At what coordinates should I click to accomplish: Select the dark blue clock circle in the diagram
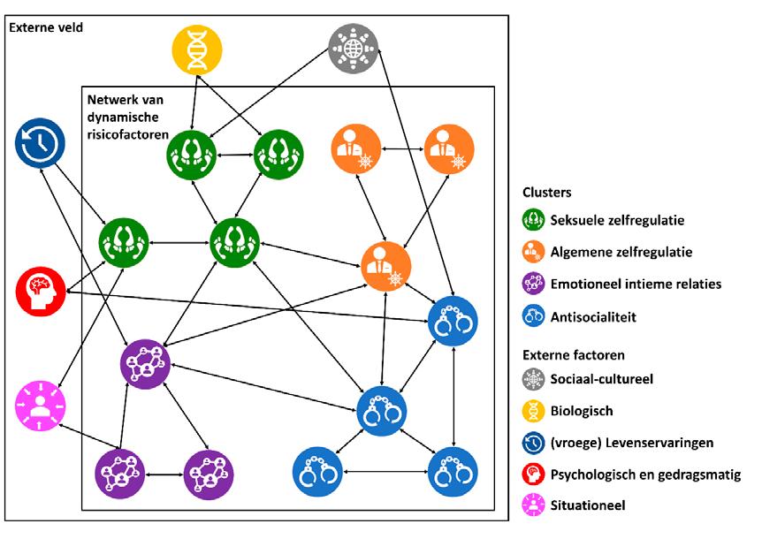tap(40, 146)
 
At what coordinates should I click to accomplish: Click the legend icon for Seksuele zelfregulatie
tap(534, 220)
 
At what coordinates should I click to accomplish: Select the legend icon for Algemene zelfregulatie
tap(534, 252)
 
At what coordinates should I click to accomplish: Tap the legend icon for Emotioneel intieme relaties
tap(534, 284)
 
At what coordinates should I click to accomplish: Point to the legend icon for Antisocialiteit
tap(534, 315)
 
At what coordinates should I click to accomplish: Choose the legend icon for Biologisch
tap(534, 411)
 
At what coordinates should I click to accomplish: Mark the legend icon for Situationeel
tap(534, 505)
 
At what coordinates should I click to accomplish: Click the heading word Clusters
tap(546, 192)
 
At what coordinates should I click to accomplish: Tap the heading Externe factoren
tap(574, 355)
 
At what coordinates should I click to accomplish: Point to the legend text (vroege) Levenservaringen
tap(631, 443)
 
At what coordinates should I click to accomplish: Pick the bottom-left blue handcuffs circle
tap(317, 473)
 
